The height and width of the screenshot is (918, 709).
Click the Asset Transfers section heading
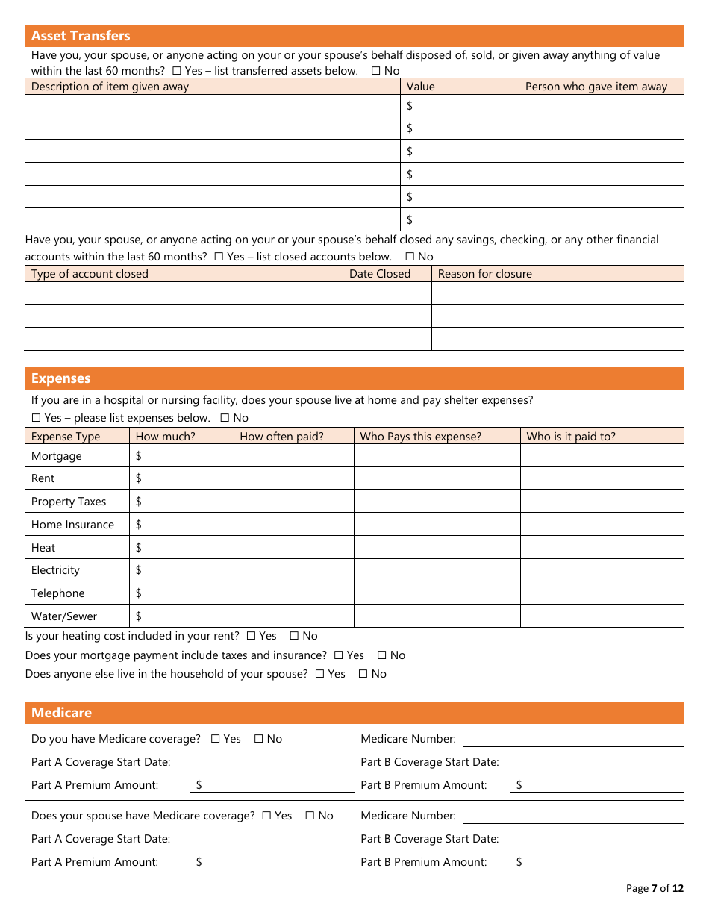click(81, 36)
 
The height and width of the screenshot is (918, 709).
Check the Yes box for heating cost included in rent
click(252, 636)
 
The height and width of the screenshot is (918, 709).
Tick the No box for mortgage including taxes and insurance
click(382, 655)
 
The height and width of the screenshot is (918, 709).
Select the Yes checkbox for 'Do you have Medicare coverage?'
click(216, 739)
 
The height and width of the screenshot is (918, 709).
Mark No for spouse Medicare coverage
click(310, 816)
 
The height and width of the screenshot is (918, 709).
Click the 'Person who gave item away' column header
click(596, 87)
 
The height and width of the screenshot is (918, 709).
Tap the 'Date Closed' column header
click(380, 274)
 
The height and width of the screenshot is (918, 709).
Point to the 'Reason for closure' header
click(484, 274)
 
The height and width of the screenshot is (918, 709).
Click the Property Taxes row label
click(69, 502)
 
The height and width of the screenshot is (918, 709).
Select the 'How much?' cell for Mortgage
click(181, 456)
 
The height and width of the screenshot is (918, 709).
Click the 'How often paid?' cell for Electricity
click(293, 570)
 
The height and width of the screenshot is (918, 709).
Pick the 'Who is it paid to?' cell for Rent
click(602, 478)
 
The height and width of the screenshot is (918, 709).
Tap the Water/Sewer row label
click(64, 616)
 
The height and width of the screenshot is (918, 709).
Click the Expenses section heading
click(61, 378)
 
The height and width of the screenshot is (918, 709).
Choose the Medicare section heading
click(62, 713)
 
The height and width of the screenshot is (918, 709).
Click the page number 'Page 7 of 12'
click(654, 888)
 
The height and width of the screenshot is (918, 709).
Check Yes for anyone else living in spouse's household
click(320, 674)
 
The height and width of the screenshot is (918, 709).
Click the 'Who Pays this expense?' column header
click(421, 437)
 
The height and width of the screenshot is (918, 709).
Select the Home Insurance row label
click(72, 525)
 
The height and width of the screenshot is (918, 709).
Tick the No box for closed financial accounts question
click(410, 257)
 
